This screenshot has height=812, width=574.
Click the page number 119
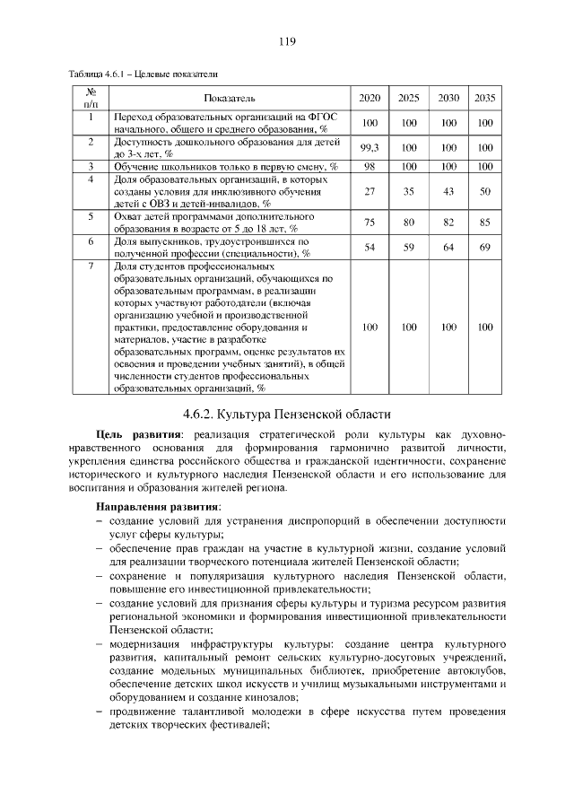point(287,41)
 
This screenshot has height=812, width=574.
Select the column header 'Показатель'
point(230,97)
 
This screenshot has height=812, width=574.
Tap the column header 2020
point(370,97)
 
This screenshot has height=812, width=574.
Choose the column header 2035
point(485,97)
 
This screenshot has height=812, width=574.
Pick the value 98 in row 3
point(370,166)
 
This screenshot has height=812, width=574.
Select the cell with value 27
point(370,191)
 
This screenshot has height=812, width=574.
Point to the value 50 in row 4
point(485,191)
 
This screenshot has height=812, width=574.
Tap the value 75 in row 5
point(370,223)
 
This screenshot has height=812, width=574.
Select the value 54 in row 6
point(370,247)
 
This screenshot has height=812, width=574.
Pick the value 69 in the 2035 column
point(485,247)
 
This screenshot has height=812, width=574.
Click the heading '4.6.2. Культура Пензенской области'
point(287,415)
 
